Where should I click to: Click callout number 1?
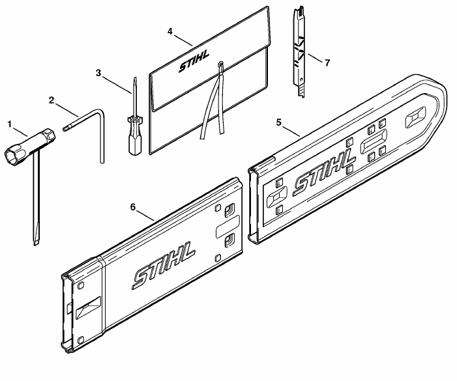[9, 124]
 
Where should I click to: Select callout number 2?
[52, 100]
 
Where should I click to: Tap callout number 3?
[98, 73]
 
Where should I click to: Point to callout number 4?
[170, 31]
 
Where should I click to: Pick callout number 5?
[279, 122]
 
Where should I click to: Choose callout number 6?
[133, 207]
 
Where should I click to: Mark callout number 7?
[327, 63]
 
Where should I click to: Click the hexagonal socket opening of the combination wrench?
[12, 154]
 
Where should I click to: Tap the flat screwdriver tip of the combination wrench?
[36, 242]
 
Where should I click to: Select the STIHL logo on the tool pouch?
[194, 61]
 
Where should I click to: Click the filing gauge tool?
[299, 52]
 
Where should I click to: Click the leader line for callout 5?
[291, 132]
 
